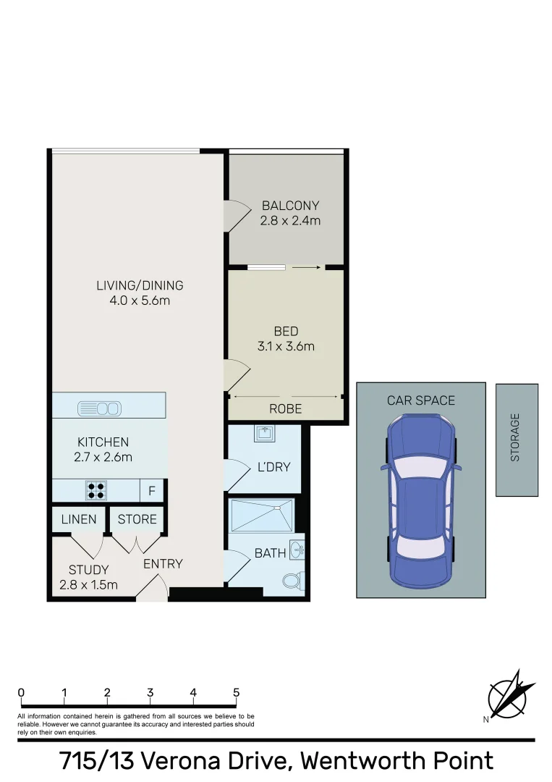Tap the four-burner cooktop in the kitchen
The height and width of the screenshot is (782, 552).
click(95, 491)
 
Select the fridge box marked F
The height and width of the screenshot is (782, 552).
click(152, 491)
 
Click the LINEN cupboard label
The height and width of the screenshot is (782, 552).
click(79, 519)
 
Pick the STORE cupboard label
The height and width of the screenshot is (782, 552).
click(137, 519)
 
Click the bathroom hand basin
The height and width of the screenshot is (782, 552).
click(297, 548)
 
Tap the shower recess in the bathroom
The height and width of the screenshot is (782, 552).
click(262, 514)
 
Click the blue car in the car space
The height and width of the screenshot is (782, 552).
click(420, 500)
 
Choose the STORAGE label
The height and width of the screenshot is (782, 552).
click(516, 437)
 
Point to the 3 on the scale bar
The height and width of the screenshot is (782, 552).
click(150, 693)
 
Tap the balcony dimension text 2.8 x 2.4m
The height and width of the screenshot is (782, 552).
click(290, 221)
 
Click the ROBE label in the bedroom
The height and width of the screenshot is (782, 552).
click(286, 409)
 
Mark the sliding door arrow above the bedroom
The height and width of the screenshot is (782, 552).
click(307, 267)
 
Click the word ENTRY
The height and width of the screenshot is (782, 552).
click(163, 564)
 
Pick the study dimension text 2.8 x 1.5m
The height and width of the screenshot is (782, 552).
click(89, 585)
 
